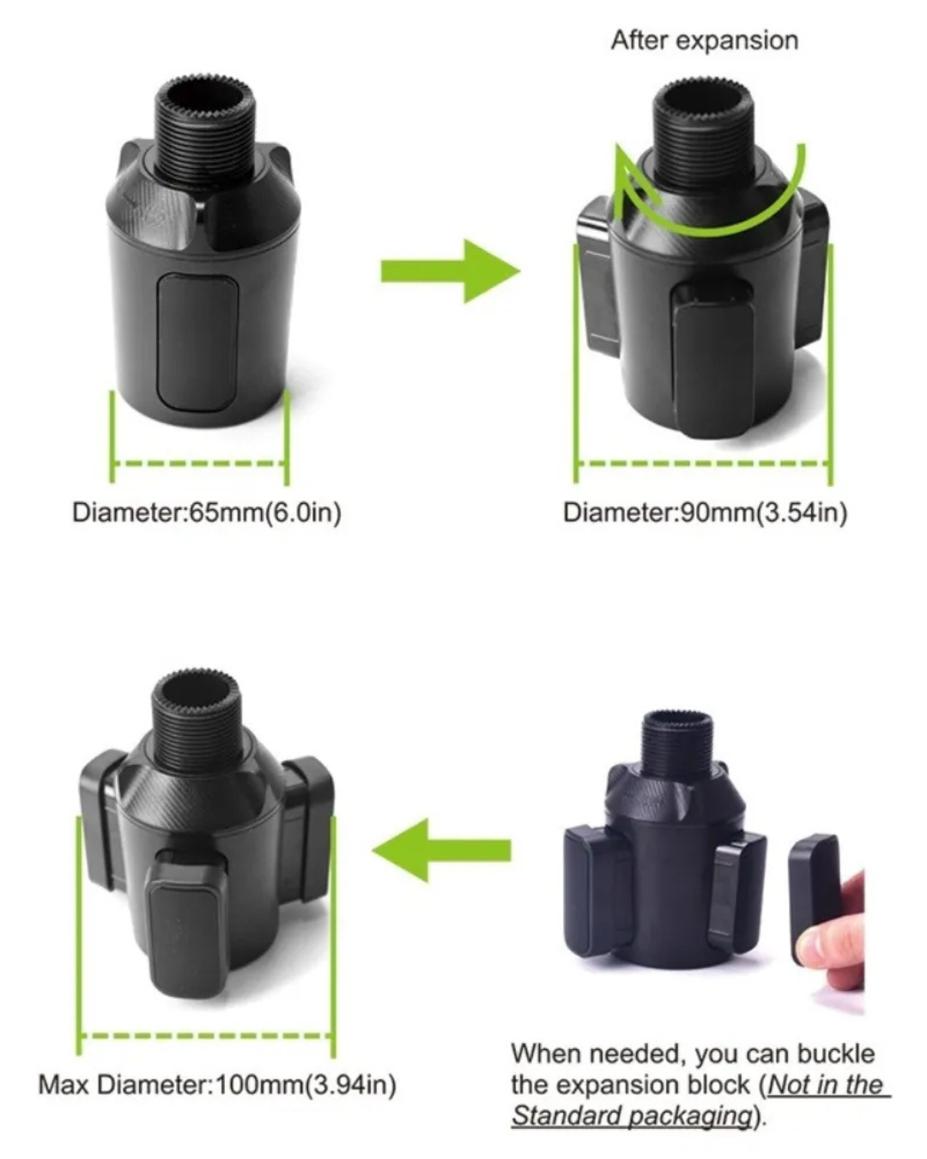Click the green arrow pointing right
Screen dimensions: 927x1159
pos(451,271)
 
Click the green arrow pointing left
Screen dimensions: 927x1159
pos(441,851)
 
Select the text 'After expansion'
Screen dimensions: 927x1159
pos(704,41)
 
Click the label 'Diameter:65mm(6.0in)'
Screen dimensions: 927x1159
pos(207,513)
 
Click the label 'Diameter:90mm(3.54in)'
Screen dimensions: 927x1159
pos(705,513)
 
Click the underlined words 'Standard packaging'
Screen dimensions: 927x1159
pos(631,1114)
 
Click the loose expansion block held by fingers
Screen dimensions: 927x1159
pos(814,895)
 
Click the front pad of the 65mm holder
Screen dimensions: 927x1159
pos(197,343)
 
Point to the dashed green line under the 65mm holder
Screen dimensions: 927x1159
pos(199,463)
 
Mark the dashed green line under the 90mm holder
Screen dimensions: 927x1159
pos(704,463)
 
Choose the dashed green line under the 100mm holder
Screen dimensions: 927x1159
pos(206,1035)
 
